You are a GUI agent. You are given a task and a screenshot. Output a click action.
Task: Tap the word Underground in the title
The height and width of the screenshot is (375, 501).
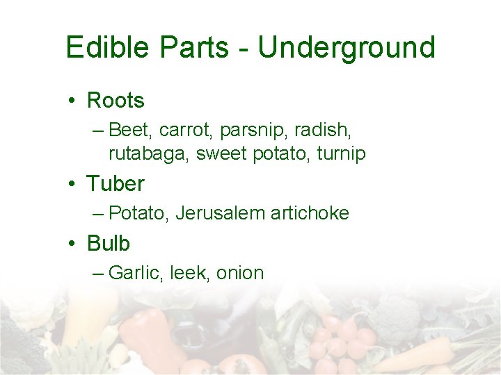point(347,47)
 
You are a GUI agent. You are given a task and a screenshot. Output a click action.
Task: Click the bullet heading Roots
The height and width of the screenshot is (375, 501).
point(116,101)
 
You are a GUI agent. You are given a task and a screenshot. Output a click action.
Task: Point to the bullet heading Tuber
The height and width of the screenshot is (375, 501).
point(116,184)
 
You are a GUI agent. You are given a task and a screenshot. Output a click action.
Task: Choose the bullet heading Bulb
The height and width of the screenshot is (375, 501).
point(109,244)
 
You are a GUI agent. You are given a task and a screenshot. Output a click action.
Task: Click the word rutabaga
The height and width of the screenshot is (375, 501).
point(149,154)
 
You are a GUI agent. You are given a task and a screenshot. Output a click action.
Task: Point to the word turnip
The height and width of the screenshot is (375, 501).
point(340,153)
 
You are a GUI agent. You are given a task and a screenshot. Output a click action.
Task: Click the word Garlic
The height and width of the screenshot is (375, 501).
point(136,273)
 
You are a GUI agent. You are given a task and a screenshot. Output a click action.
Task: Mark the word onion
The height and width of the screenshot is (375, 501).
point(240,273)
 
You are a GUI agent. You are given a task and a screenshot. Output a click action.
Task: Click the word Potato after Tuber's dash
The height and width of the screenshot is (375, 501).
point(139,213)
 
